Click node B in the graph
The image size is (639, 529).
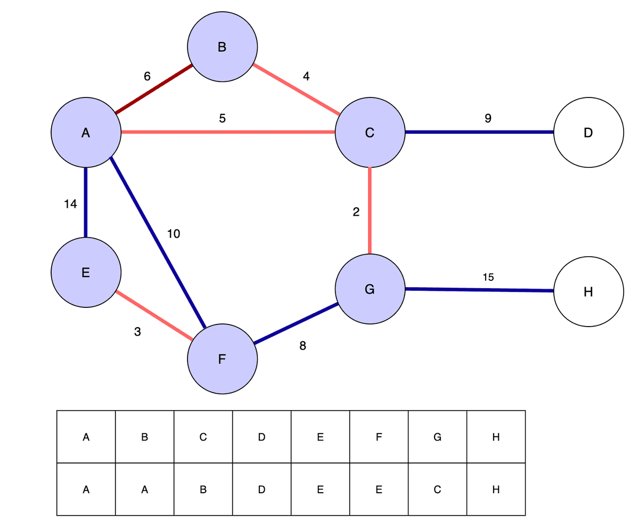(x=222, y=47)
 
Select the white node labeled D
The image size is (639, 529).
(x=588, y=133)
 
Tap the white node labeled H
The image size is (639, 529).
(x=588, y=291)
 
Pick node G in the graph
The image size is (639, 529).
(x=370, y=289)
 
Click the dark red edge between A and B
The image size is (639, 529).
(x=154, y=89)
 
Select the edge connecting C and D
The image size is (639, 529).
(x=479, y=132)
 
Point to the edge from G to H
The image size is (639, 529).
(x=479, y=290)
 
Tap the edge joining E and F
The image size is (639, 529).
(x=154, y=315)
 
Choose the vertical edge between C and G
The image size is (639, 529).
(x=370, y=210)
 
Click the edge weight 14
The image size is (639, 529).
(x=70, y=204)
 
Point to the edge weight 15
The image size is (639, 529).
(x=488, y=277)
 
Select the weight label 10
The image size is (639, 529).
(x=174, y=233)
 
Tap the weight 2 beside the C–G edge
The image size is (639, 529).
(x=356, y=212)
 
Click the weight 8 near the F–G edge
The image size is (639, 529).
(x=302, y=346)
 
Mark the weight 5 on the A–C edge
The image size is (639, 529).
(x=222, y=119)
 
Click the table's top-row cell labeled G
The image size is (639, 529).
(x=437, y=437)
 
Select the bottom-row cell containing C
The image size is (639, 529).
(x=437, y=489)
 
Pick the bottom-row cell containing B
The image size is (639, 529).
(x=203, y=489)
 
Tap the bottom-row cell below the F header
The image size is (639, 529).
(x=379, y=489)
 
